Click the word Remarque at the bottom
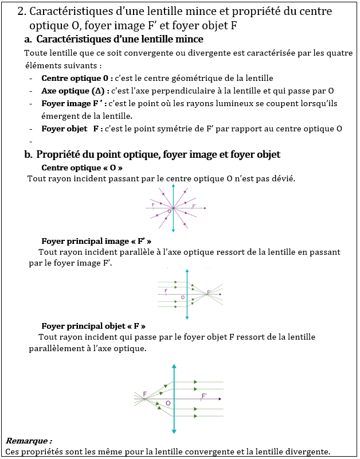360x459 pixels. click(x=29, y=441)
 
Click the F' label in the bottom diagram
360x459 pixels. click(x=204, y=396)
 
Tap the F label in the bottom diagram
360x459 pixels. click(x=145, y=394)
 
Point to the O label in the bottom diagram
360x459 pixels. click(x=168, y=404)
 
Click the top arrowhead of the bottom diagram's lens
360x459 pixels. click(x=174, y=366)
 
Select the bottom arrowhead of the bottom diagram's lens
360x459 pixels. click(x=174, y=431)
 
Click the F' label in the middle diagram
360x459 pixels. click(x=209, y=292)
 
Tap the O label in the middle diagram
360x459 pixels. click(x=183, y=298)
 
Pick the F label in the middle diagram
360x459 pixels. click(x=166, y=291)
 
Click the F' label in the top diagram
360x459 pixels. click(x=194, y=205)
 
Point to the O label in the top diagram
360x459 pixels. click(x=169, y=212)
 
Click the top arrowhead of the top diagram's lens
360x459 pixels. click(x=173, y=186)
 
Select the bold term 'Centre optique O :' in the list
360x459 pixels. click(x=77, y=78)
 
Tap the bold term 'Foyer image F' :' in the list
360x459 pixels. click(x=72, y=104)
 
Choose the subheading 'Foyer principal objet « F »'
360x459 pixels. click(x=97, y=326)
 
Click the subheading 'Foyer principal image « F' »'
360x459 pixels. click(x=96, y=241)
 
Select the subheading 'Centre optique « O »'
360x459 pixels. click(x=82, y=168)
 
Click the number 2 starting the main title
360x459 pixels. click(x=21, y=11)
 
